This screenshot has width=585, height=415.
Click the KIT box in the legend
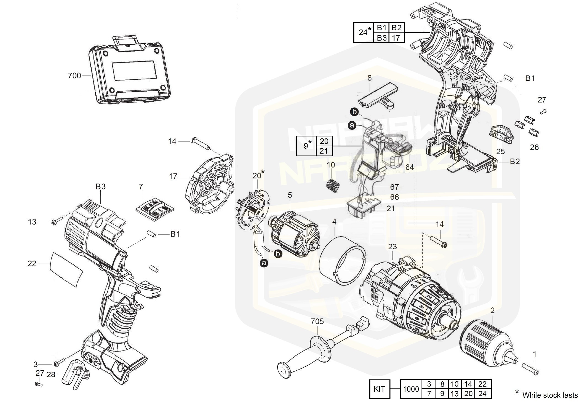click(x=380, y=389)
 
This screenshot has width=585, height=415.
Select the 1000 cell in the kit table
click(x=411, y=389)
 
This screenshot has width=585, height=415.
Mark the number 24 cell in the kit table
click(x=482, y=394)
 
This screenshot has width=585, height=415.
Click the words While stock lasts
click(x=550, y=395)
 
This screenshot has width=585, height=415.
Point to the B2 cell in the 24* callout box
click(x=396, y=28)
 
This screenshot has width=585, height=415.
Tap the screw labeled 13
click(x=54, y=222)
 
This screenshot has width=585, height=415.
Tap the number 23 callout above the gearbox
click(x=392, y=247)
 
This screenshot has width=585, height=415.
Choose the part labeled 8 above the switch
click(x=378, y=95)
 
